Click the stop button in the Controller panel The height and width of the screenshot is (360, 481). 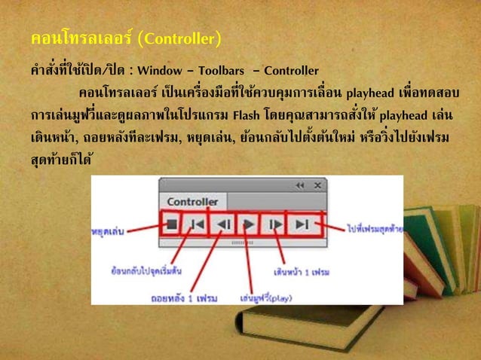tap(171, 224)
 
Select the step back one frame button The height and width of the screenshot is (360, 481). tap(224, 224)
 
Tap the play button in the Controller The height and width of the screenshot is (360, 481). tap(247, 224)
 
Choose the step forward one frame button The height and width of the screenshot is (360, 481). tap(274, 224)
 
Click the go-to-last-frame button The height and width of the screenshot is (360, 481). tap(302, 224)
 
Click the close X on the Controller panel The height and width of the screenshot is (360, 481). tap(317, 185)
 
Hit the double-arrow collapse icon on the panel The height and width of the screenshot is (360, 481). tap(300, 185)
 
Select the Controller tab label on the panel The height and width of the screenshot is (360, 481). tap(192, 202)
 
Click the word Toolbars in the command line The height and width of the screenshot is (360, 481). tap(233, 72)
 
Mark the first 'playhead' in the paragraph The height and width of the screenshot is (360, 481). tap(370, 94)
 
